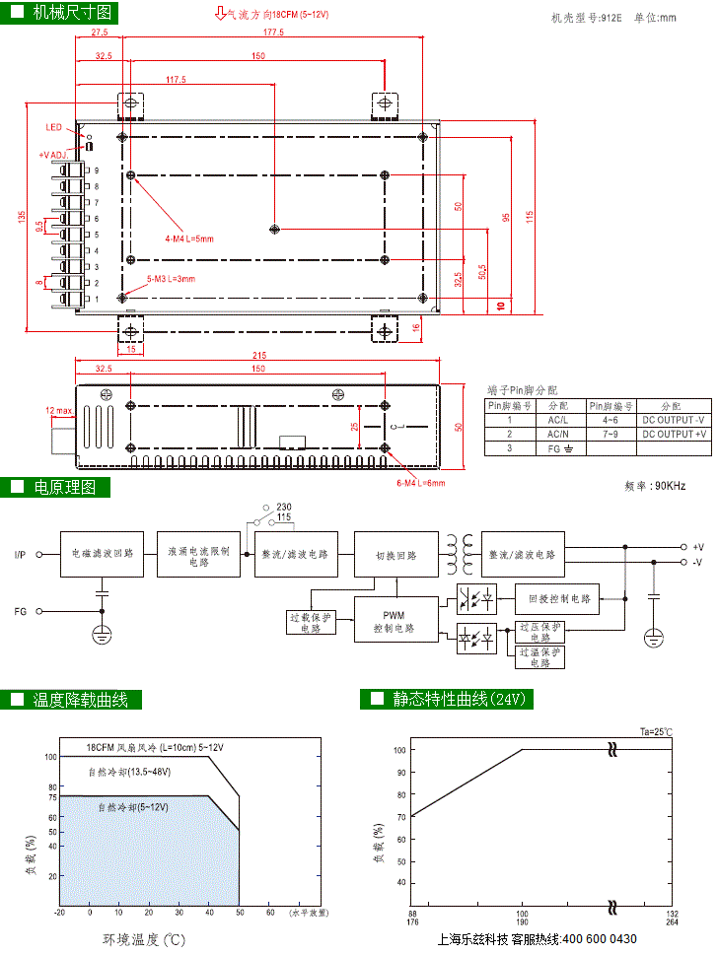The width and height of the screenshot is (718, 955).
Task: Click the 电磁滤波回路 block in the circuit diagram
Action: click(103, 555)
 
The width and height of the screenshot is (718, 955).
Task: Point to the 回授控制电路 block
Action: click(557, 598)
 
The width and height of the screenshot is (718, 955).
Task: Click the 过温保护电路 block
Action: click(539, 656)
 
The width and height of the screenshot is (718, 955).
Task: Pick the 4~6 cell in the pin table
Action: click(611, 419)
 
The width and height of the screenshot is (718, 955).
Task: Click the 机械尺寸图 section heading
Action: click(72, 13)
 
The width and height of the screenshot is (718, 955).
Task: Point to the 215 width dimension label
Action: click(258, 356)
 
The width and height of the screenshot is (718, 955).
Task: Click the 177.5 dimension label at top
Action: click(273, 33)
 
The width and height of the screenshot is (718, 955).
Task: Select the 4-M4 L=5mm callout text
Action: click(189, 239)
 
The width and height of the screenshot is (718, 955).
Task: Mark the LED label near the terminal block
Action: click(53, 127)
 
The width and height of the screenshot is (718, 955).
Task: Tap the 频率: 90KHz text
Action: click(655, 486)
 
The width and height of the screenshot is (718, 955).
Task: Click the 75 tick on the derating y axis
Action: click(52, 796)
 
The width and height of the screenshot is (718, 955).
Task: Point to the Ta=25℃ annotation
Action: click(655, 731)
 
